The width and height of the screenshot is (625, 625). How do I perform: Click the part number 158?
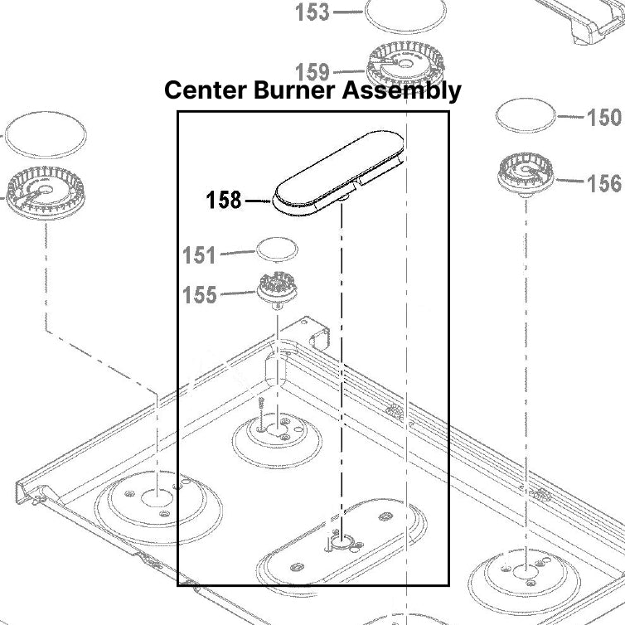pos(224,200)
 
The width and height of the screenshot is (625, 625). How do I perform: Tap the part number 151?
pos(199,255)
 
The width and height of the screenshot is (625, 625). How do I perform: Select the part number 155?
pos(199,294)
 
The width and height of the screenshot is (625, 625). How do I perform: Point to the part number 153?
pos(312,12)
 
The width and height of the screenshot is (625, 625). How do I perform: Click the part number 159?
pos(312,72)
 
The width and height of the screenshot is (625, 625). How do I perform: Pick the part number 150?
pos(603,117)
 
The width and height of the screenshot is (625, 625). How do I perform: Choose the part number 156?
pos(603,182)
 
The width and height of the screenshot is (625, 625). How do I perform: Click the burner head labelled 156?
pos(526,175)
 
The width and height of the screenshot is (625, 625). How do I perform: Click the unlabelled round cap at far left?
pos(46,133)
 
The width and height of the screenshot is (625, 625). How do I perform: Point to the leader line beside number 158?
pos(257,200)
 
